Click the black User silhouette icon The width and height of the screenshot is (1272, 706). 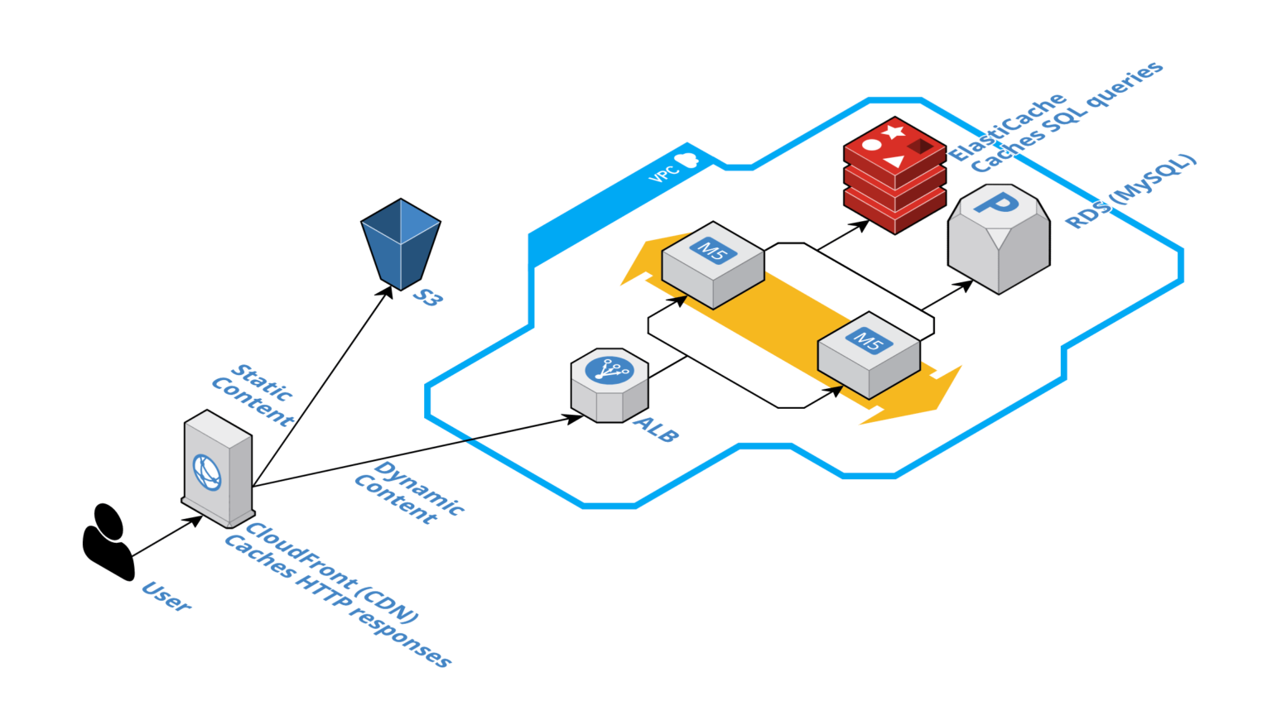(108, 542)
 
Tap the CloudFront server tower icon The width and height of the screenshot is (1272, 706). (218, 468)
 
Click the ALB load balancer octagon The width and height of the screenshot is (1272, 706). (609, 386)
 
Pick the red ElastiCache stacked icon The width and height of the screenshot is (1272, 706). (894, 175)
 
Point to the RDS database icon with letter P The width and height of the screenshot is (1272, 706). (999, 239)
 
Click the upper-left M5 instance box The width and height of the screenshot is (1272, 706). (713, 265)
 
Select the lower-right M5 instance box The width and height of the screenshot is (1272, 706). (869, 355)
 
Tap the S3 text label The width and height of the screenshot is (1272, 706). (427, 297)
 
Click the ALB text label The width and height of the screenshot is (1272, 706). (657, 430)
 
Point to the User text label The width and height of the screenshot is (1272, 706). (166, 596)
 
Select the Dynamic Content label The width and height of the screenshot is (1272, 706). (408, 492)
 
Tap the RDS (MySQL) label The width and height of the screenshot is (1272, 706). (1131, 191)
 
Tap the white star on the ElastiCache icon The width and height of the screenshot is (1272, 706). (893, 132)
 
